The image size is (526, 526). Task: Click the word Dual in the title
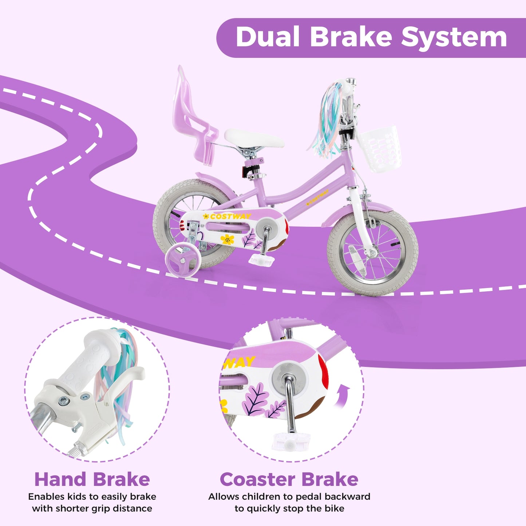point(268,37)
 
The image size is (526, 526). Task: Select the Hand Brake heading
point(92,479)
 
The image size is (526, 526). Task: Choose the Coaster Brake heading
point(289,479)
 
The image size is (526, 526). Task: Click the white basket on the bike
point(381,149)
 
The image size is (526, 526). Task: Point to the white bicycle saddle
point(254,139)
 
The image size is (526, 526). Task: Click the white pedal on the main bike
point(261,260)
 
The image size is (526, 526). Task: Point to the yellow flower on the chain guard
point(228,239)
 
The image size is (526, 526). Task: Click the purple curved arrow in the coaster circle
point(343,397)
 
